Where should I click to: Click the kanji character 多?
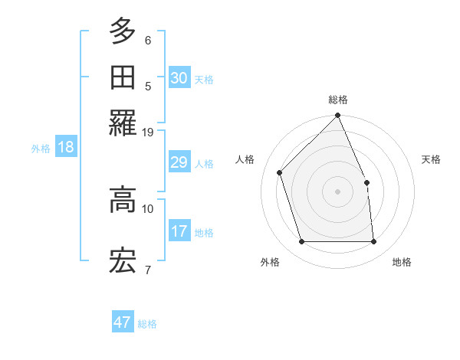tap(123, 31)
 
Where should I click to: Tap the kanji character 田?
tap(123, 78)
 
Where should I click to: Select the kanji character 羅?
tap(123, 123)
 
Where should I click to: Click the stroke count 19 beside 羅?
tap(148, 133)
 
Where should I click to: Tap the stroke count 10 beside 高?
tap(148, 208)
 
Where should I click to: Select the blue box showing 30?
tap(179, 78)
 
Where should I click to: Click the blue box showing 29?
tap(179, 162)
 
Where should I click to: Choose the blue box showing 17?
tap(179, 231)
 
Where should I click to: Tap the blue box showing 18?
tap(66, 148)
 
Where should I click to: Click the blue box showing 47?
tap(123, 322)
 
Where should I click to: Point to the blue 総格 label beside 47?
tap(147, 324)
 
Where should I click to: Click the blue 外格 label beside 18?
tap(40, 149)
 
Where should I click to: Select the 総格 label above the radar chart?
tap(338, 100)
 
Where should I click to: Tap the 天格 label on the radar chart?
tap(431, 159)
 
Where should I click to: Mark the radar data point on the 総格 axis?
tap(338, 116)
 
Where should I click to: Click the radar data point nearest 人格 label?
tap(280, 172)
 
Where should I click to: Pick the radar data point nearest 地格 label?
tap(374, 242)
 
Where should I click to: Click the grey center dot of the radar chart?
tap(338, 191)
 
